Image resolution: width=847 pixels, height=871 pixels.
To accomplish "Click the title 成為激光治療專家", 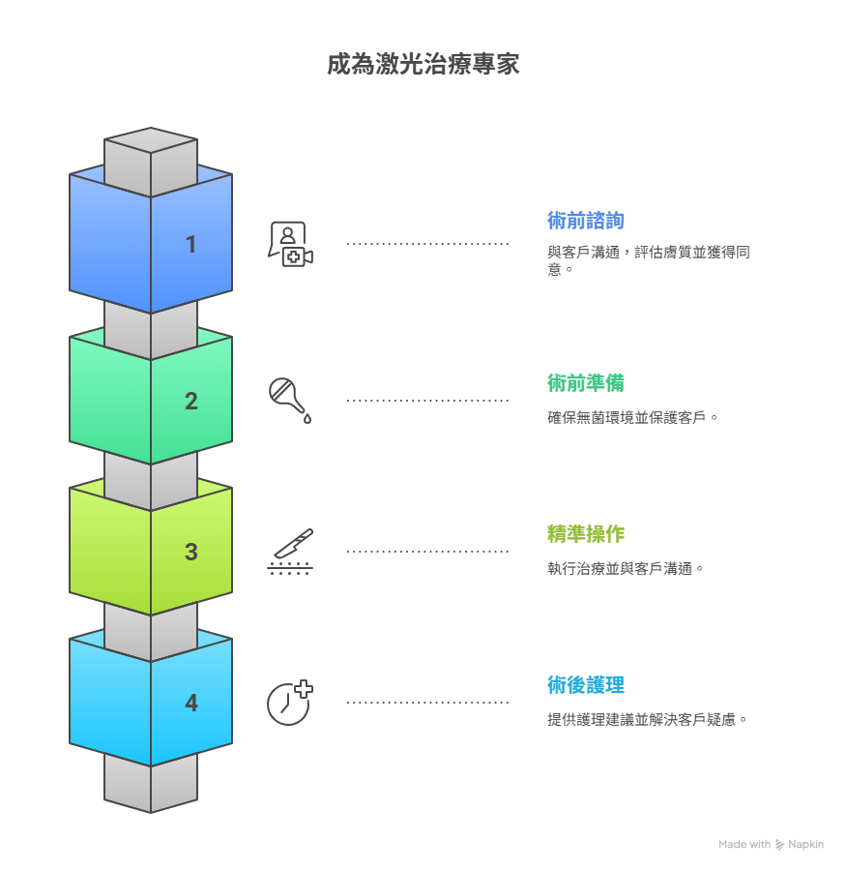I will [x=423, y=65].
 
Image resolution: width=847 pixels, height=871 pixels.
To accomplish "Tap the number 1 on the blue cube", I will [x=191, y=245].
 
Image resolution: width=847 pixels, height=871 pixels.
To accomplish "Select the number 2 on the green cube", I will [x=191, y=401].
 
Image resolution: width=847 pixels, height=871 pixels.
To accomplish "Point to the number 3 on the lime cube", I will [x=191, y=552].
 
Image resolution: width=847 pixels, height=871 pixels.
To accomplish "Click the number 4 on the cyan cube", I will [x=191, y=704].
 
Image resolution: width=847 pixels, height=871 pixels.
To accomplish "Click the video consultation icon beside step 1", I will [x=290, y=244].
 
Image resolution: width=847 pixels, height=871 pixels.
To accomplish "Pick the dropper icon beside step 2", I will [x=290, y=400].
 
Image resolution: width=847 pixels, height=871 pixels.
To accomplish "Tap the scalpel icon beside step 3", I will [x=290, y=552].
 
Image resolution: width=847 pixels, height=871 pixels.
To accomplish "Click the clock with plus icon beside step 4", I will [x=290, y=703].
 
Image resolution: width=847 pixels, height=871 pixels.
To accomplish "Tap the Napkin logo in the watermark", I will [x=780, y=845].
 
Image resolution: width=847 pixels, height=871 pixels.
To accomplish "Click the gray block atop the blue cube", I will [x=151, y=156].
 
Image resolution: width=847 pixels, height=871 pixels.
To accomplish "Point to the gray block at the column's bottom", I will [x=151, y=784].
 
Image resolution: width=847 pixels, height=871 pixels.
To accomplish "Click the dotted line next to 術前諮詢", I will [x=427, y=244].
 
